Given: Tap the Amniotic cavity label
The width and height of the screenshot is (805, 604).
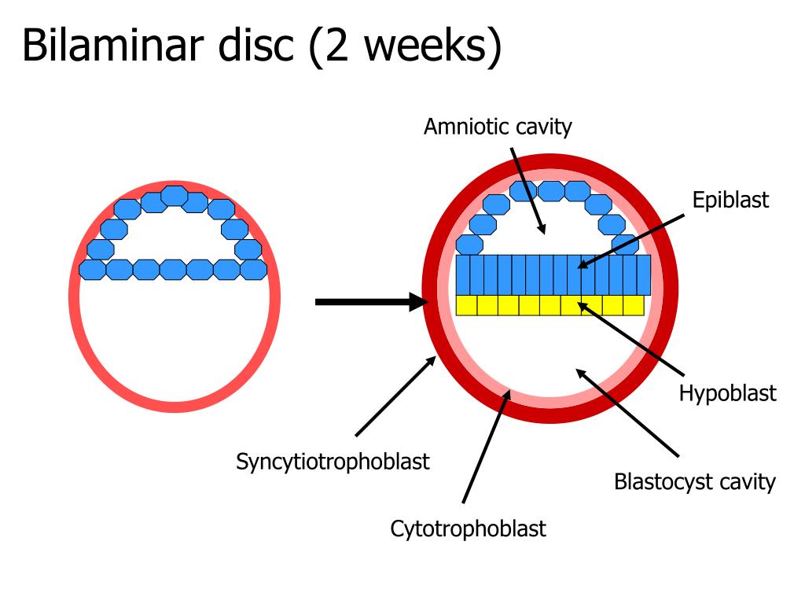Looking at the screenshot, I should [498, 127].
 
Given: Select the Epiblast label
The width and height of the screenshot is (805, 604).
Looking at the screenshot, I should [730, 200].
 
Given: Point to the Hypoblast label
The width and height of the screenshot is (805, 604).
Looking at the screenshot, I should [727, 392].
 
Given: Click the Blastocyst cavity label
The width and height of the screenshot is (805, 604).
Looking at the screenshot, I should [694, 481].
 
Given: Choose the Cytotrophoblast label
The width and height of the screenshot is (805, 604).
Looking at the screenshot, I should [468, 528].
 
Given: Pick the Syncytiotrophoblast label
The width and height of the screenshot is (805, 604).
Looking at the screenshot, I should [333, 461].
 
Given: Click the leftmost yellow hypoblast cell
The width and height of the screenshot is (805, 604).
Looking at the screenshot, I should [466, 305].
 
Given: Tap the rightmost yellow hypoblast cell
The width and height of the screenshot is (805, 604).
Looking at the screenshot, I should [634, 305].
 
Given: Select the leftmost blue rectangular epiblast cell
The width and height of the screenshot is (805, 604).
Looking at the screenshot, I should [462, 274].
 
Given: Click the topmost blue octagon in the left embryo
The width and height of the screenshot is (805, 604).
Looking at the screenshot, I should [174, 194].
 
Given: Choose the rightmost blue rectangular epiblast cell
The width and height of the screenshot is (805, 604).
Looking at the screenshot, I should [643, 274].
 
